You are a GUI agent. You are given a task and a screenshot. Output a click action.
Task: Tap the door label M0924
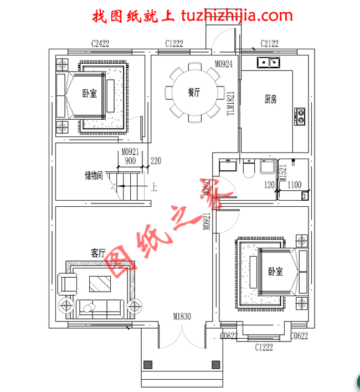pyautogui.click(x=224, y=65)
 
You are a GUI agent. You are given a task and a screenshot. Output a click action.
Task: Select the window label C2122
pyautogui.click(x=269, y=43)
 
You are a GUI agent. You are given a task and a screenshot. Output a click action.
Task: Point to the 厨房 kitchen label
pyautogui.click(x=270, y=100)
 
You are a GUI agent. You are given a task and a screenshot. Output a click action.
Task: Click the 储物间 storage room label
pyautogui.click(x=94, y=176)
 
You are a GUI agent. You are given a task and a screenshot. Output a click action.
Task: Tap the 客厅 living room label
pyautogui.click(x=98, y=253)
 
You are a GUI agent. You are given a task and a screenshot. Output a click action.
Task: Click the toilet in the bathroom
pyautogui.click(x=249, y=168)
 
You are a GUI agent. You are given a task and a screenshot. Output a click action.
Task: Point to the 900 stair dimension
pyautogui.click(x=130, y=161)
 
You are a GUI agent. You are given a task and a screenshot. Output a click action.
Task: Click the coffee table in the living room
pyautogui.click(x=100, y=284)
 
